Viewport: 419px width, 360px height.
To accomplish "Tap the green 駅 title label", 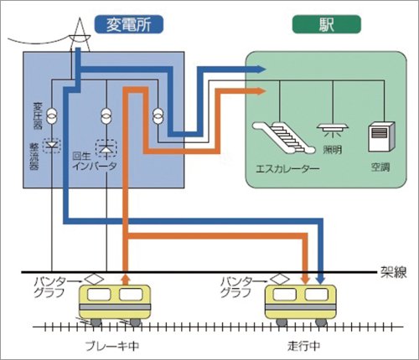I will (321, 24).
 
